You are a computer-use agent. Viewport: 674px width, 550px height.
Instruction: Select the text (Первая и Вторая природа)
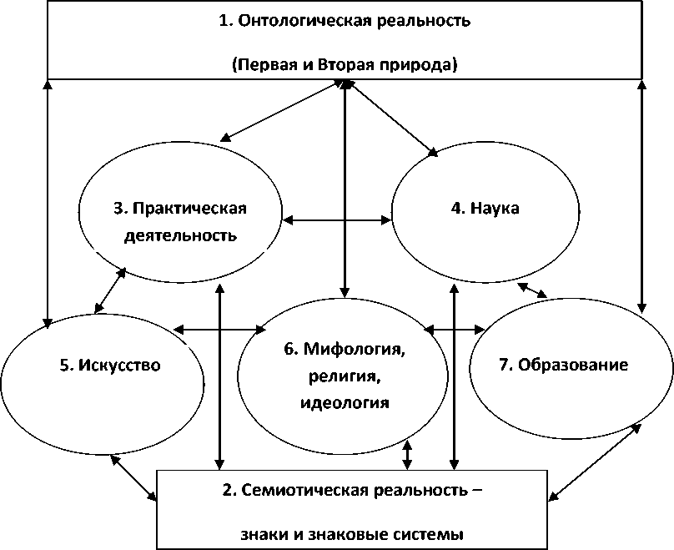(345, 65)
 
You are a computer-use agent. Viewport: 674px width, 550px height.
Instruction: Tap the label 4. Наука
(485, 208)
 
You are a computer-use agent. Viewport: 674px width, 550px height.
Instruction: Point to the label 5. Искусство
(110, 365)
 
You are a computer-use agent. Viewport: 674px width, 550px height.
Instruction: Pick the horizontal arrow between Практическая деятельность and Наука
(337, 220)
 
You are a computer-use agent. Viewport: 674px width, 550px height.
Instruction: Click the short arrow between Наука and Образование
(532, 290)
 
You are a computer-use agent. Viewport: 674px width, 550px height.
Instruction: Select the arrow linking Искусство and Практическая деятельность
(110, 290)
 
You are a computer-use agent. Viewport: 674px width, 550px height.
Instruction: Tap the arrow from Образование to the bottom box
(595, 464)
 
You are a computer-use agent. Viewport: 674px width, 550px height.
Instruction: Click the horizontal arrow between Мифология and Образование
(455, 330)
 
